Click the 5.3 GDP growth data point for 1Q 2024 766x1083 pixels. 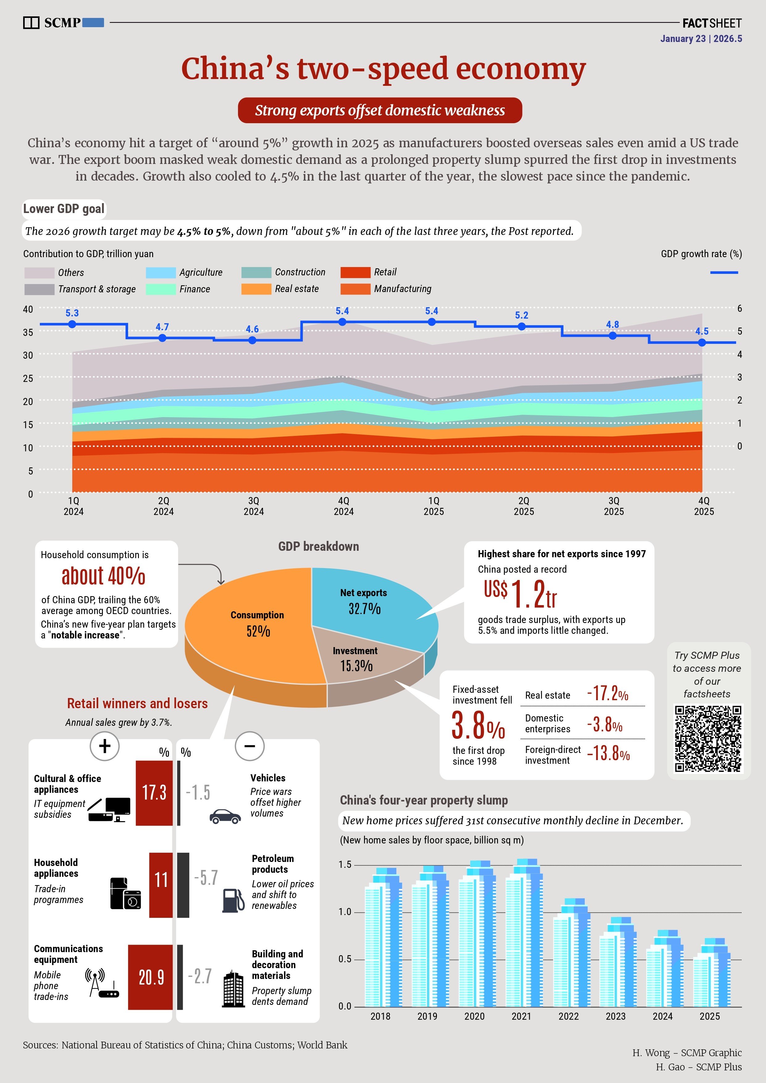(x=72, y=324)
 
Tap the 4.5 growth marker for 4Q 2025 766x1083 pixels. (x=702, y=342)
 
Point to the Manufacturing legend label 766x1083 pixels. (x=402, y=289)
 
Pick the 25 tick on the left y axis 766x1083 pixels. (x=28, y=378)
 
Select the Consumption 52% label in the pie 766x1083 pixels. (x=257, y=623)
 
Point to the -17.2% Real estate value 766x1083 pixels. (x=608, y=693)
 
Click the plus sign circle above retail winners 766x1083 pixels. (x=104, y=746)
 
